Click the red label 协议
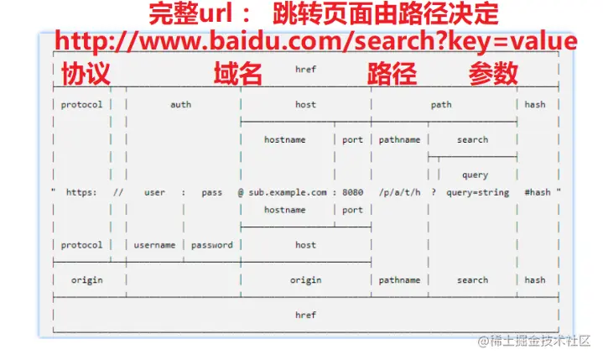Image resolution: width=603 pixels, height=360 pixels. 86,74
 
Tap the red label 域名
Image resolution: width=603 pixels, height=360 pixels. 238,74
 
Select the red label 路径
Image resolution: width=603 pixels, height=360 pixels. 392,74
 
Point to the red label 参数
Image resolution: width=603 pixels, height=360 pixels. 493,74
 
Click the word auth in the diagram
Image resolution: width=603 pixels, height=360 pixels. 180,105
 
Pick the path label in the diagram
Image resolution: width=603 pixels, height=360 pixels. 441,105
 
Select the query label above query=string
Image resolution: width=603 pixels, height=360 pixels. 475,175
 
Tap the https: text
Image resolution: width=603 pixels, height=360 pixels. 81,192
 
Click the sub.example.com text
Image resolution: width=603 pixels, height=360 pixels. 288,192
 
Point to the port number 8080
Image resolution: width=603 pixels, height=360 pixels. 353,192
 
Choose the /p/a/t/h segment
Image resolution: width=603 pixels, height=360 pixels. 399,192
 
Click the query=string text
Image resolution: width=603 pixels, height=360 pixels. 477,192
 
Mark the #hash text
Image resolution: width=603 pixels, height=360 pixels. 538,192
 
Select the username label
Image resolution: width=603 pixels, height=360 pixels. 155,245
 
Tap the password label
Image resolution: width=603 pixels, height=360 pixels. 212,245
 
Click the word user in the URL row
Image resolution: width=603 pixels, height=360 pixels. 154,192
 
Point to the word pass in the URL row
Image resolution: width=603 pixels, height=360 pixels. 212,192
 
